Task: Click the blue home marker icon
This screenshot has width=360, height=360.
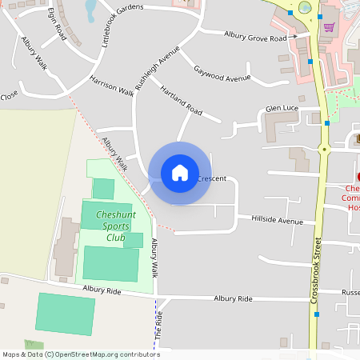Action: click(179, 173)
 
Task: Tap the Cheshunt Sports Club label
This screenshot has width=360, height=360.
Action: click(115, 226)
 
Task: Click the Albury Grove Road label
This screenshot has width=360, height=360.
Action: click(255, 37)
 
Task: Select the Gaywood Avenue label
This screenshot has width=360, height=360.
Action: click(222, 74)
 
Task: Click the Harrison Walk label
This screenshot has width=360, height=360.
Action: click(112, 86)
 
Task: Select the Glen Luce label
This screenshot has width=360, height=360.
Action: click(282, 109)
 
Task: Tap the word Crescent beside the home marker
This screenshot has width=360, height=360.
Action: click(212, 178)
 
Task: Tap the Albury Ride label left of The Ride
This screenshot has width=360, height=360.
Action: click(102, 292)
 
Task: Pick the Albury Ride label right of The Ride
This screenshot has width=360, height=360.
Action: click(233, 298)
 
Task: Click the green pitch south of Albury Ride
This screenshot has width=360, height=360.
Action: click(65, 318)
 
